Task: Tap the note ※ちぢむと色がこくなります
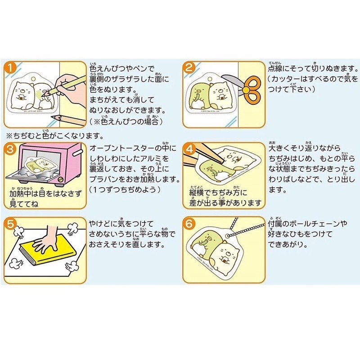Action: [54, 135]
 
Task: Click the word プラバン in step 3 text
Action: [104, 180]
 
